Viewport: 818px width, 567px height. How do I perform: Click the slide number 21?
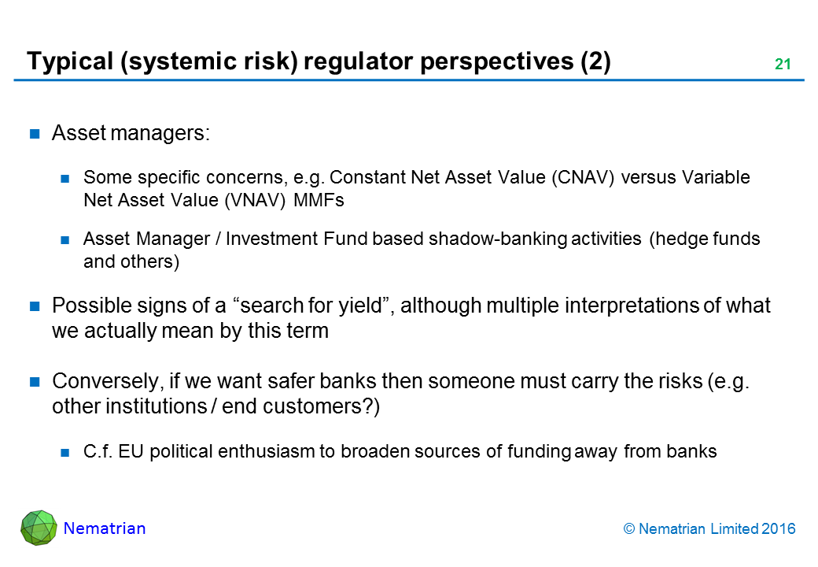783,64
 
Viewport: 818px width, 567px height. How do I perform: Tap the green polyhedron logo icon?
39,528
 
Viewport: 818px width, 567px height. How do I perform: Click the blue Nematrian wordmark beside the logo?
105,528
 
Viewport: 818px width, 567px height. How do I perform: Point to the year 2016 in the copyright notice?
779,529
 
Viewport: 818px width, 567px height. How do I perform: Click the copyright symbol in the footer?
629,529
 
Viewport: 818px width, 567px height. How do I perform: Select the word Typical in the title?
70,61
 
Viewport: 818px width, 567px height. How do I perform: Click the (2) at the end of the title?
595,61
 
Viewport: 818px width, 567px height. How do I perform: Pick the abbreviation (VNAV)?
255,201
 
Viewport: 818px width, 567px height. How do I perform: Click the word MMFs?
319,200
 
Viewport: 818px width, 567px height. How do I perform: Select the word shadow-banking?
498,239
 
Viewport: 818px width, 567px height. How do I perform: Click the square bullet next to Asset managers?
35,134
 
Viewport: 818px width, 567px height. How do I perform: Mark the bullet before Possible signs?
35,306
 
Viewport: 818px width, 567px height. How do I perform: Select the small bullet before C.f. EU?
65,453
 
